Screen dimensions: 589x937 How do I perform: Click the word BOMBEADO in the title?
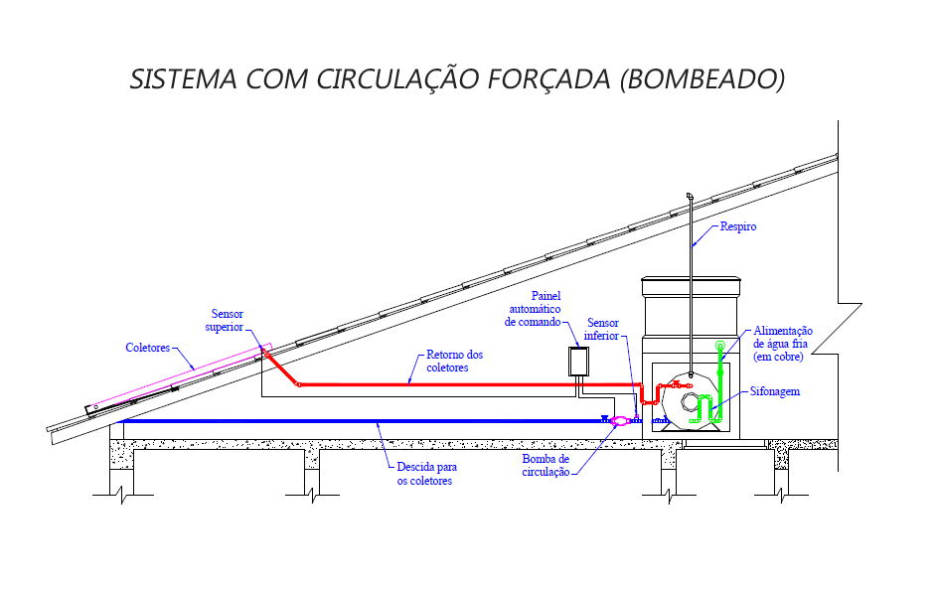pos(702,79)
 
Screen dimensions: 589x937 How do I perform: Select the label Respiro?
pos(737,226)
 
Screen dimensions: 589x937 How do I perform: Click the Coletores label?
pos(147,348)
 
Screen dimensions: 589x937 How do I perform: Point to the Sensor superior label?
pos(225,321)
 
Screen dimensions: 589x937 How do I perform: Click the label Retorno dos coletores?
pos(454,361)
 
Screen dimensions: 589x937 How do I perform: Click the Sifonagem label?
pos(775,392)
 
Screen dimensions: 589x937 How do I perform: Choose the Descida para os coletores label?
pos(426,474)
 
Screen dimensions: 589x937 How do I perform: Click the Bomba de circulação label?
pos(546,466)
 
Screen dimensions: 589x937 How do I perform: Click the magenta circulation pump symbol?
pos(619,421)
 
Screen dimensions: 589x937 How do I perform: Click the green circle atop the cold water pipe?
pos(719,347)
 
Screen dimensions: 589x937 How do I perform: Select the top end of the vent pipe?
pos(688,196)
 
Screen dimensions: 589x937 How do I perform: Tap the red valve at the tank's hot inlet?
pos(676,385)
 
